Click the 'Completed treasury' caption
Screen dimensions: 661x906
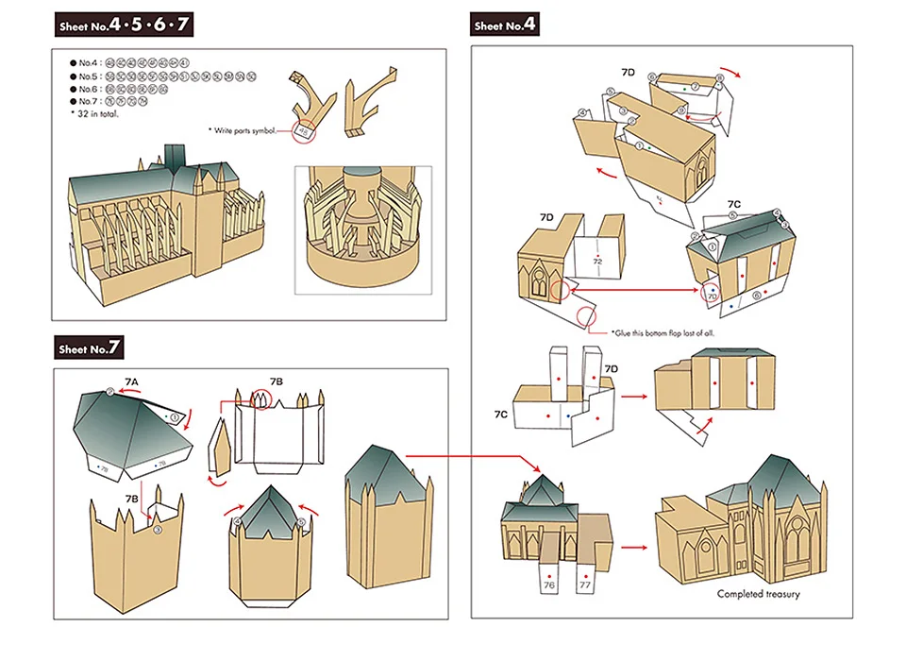(x=758, y=594)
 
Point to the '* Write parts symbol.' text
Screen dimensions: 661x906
(x=243, y=130)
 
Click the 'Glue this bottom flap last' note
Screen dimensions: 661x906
(x=668, y=332)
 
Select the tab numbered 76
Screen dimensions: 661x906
(x=548, y=585)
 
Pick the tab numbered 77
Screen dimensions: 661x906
(x=585, y=585)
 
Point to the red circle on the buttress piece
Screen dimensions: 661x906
(x=303, y=132)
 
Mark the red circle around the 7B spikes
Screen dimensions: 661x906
(x=260, y=400)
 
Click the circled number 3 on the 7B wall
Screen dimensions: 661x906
(x=158, y=530)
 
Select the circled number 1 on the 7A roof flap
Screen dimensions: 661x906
(x=174, y=416)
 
